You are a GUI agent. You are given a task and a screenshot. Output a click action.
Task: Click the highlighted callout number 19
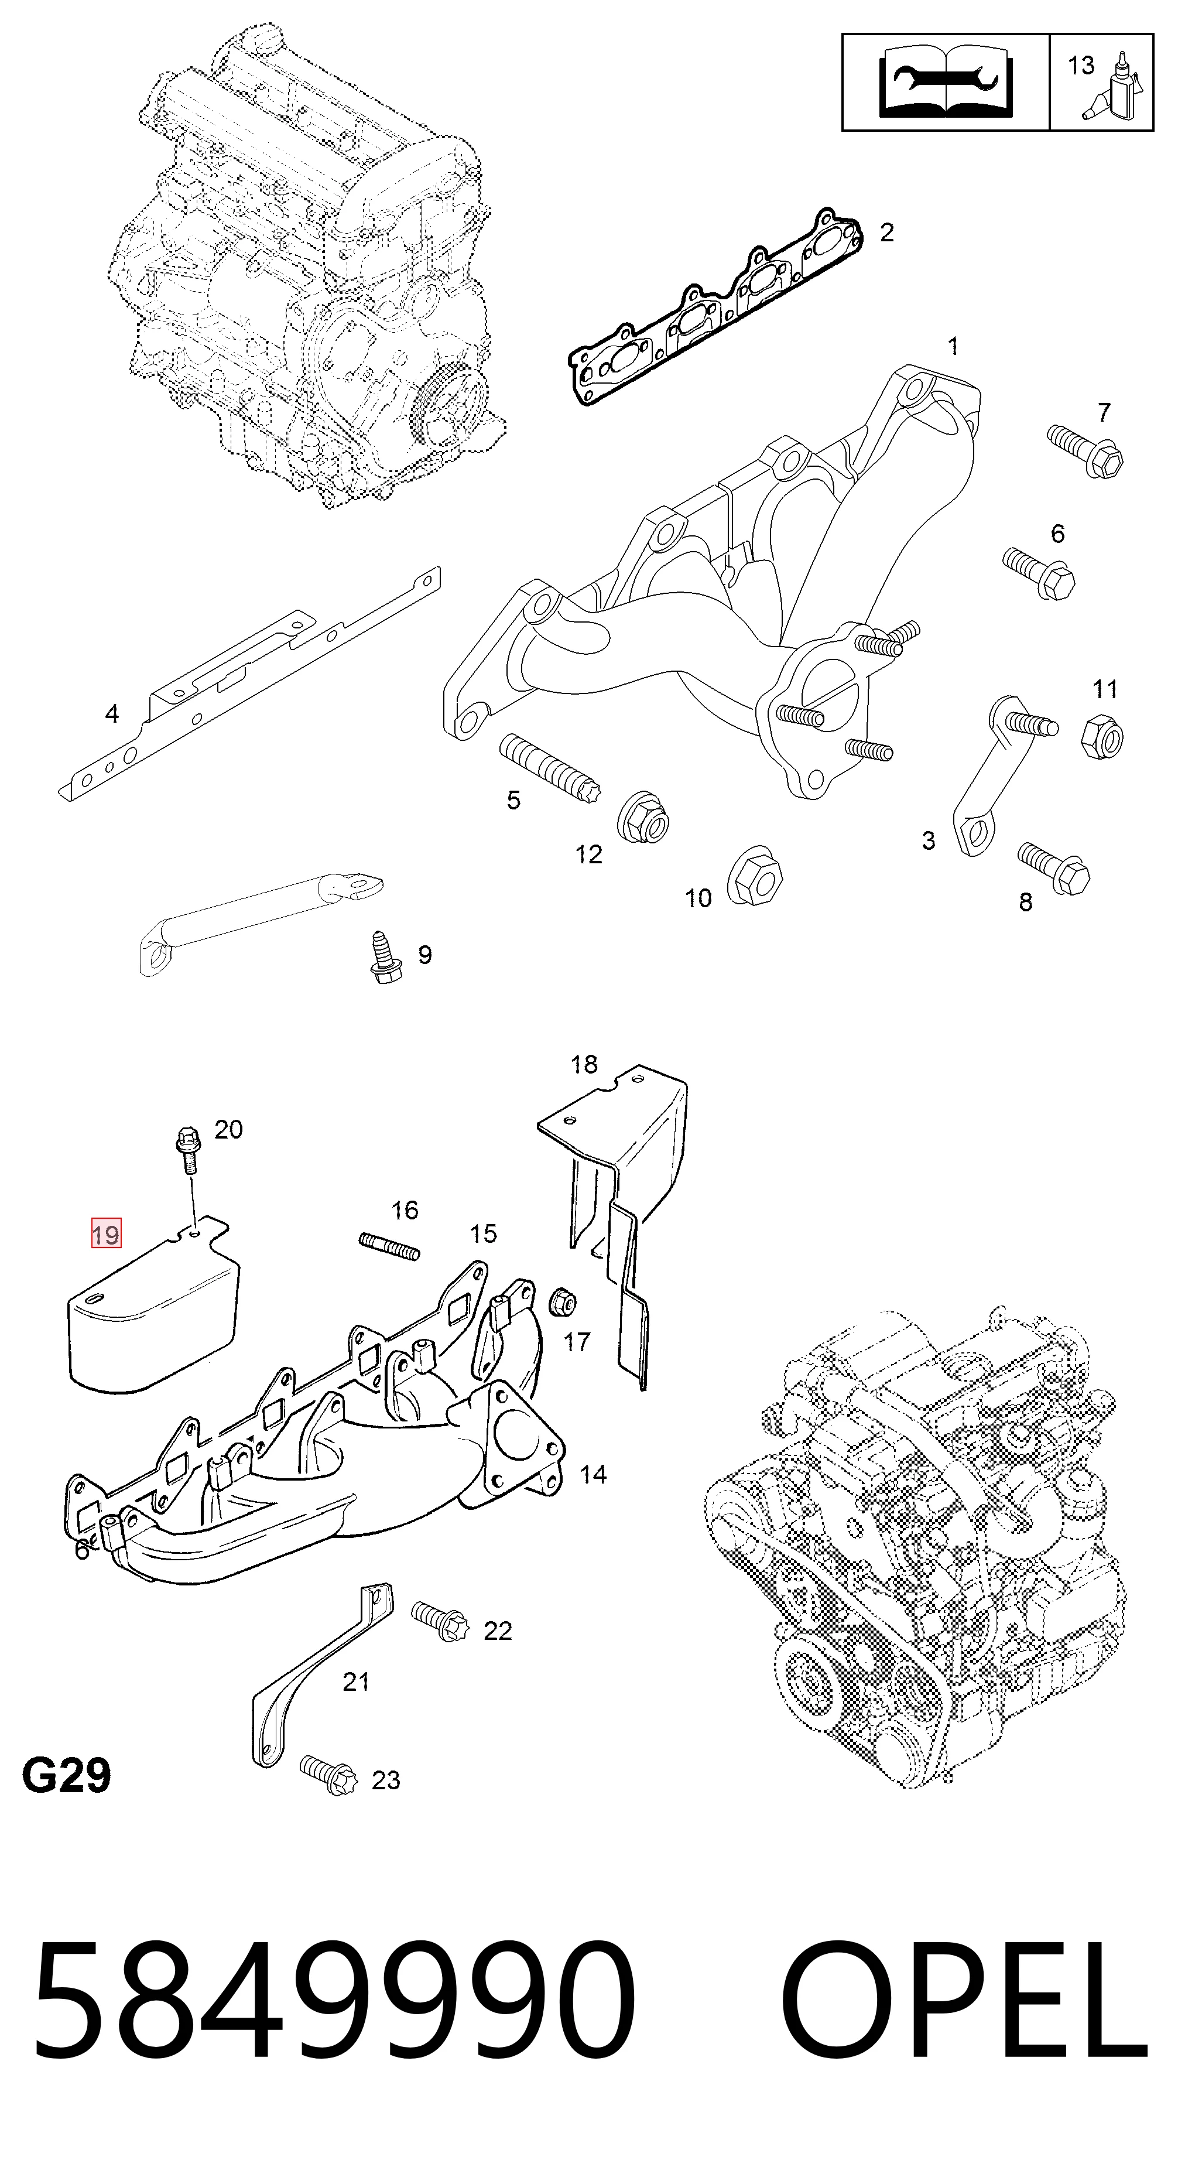106,1233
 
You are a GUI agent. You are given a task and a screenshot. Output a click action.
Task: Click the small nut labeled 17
561,1301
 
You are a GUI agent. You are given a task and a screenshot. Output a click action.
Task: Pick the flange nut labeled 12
642,816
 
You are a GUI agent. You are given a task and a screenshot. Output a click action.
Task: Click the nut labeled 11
1102,735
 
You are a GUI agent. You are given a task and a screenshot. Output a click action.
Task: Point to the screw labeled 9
382,958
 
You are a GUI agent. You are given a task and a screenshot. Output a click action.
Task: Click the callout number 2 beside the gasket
886,233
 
